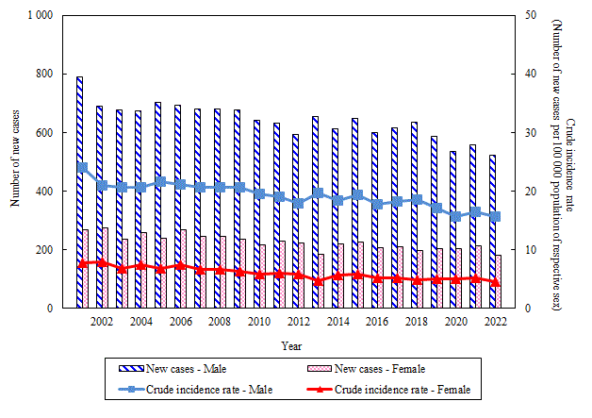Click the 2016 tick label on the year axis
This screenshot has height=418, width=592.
coord(377,323)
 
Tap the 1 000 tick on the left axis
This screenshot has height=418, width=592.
coord(41,16)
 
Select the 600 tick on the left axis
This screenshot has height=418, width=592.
coord(46,133)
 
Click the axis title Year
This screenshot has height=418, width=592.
coord(291,345)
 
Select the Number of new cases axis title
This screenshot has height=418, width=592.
coord(16,161)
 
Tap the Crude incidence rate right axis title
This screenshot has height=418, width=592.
coord(562,161)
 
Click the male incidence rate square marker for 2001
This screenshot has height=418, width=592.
coord(82,168)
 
